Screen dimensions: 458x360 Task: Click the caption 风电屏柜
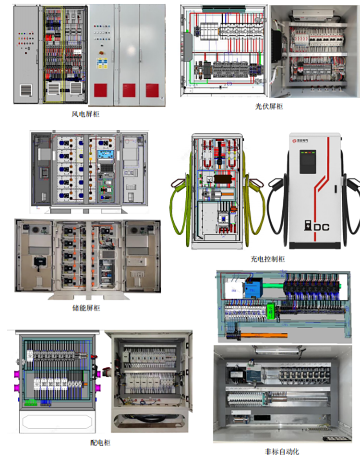[x=86, y=114]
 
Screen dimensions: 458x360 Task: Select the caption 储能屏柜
[x=86, y=308]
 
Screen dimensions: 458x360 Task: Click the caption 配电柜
[x=100, y=442]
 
